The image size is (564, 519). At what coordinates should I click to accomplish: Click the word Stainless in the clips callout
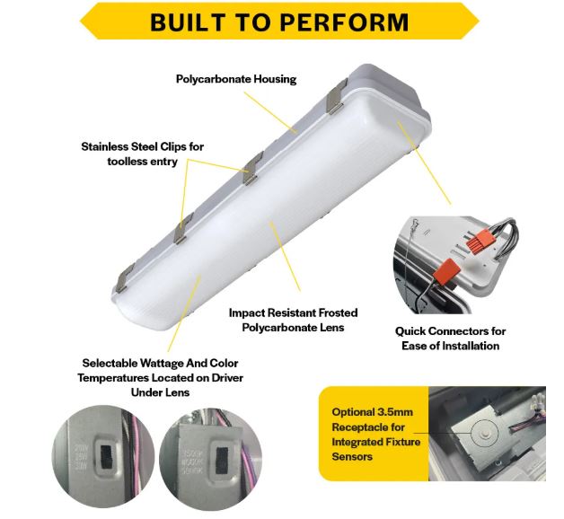[109, 146]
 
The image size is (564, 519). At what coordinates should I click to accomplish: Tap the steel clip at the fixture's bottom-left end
[125, 270]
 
